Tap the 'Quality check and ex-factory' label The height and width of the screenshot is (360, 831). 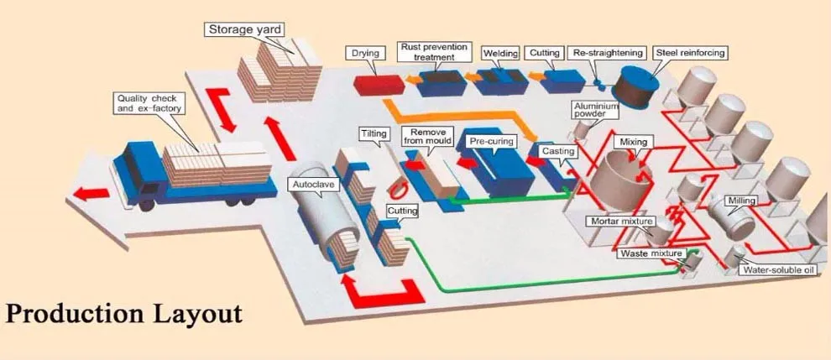tap(148, 104)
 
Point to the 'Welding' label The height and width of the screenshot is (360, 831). tap(501, 54)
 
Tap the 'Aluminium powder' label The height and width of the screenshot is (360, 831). tap(595, 110)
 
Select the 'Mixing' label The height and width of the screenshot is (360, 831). tap(633, 143)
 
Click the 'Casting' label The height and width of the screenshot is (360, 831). tap(558, 150)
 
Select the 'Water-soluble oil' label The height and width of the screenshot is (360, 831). tap(776, 270)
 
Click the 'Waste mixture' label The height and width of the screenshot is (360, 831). tap(651, 253)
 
